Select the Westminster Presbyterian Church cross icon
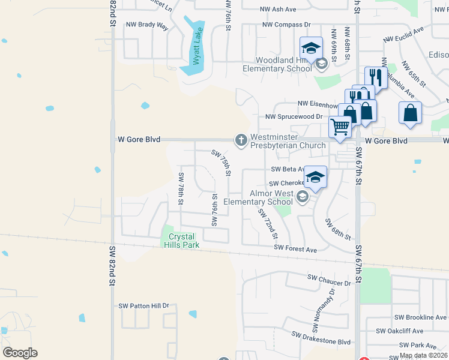pos(241,140)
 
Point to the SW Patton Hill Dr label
pos(144,305)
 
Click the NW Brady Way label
pos(146,25)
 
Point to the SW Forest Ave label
pos(295,248)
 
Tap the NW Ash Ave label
pos(278,9)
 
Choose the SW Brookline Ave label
pos(420,317)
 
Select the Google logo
pos(20,353)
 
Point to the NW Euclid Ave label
pos(403,34)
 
